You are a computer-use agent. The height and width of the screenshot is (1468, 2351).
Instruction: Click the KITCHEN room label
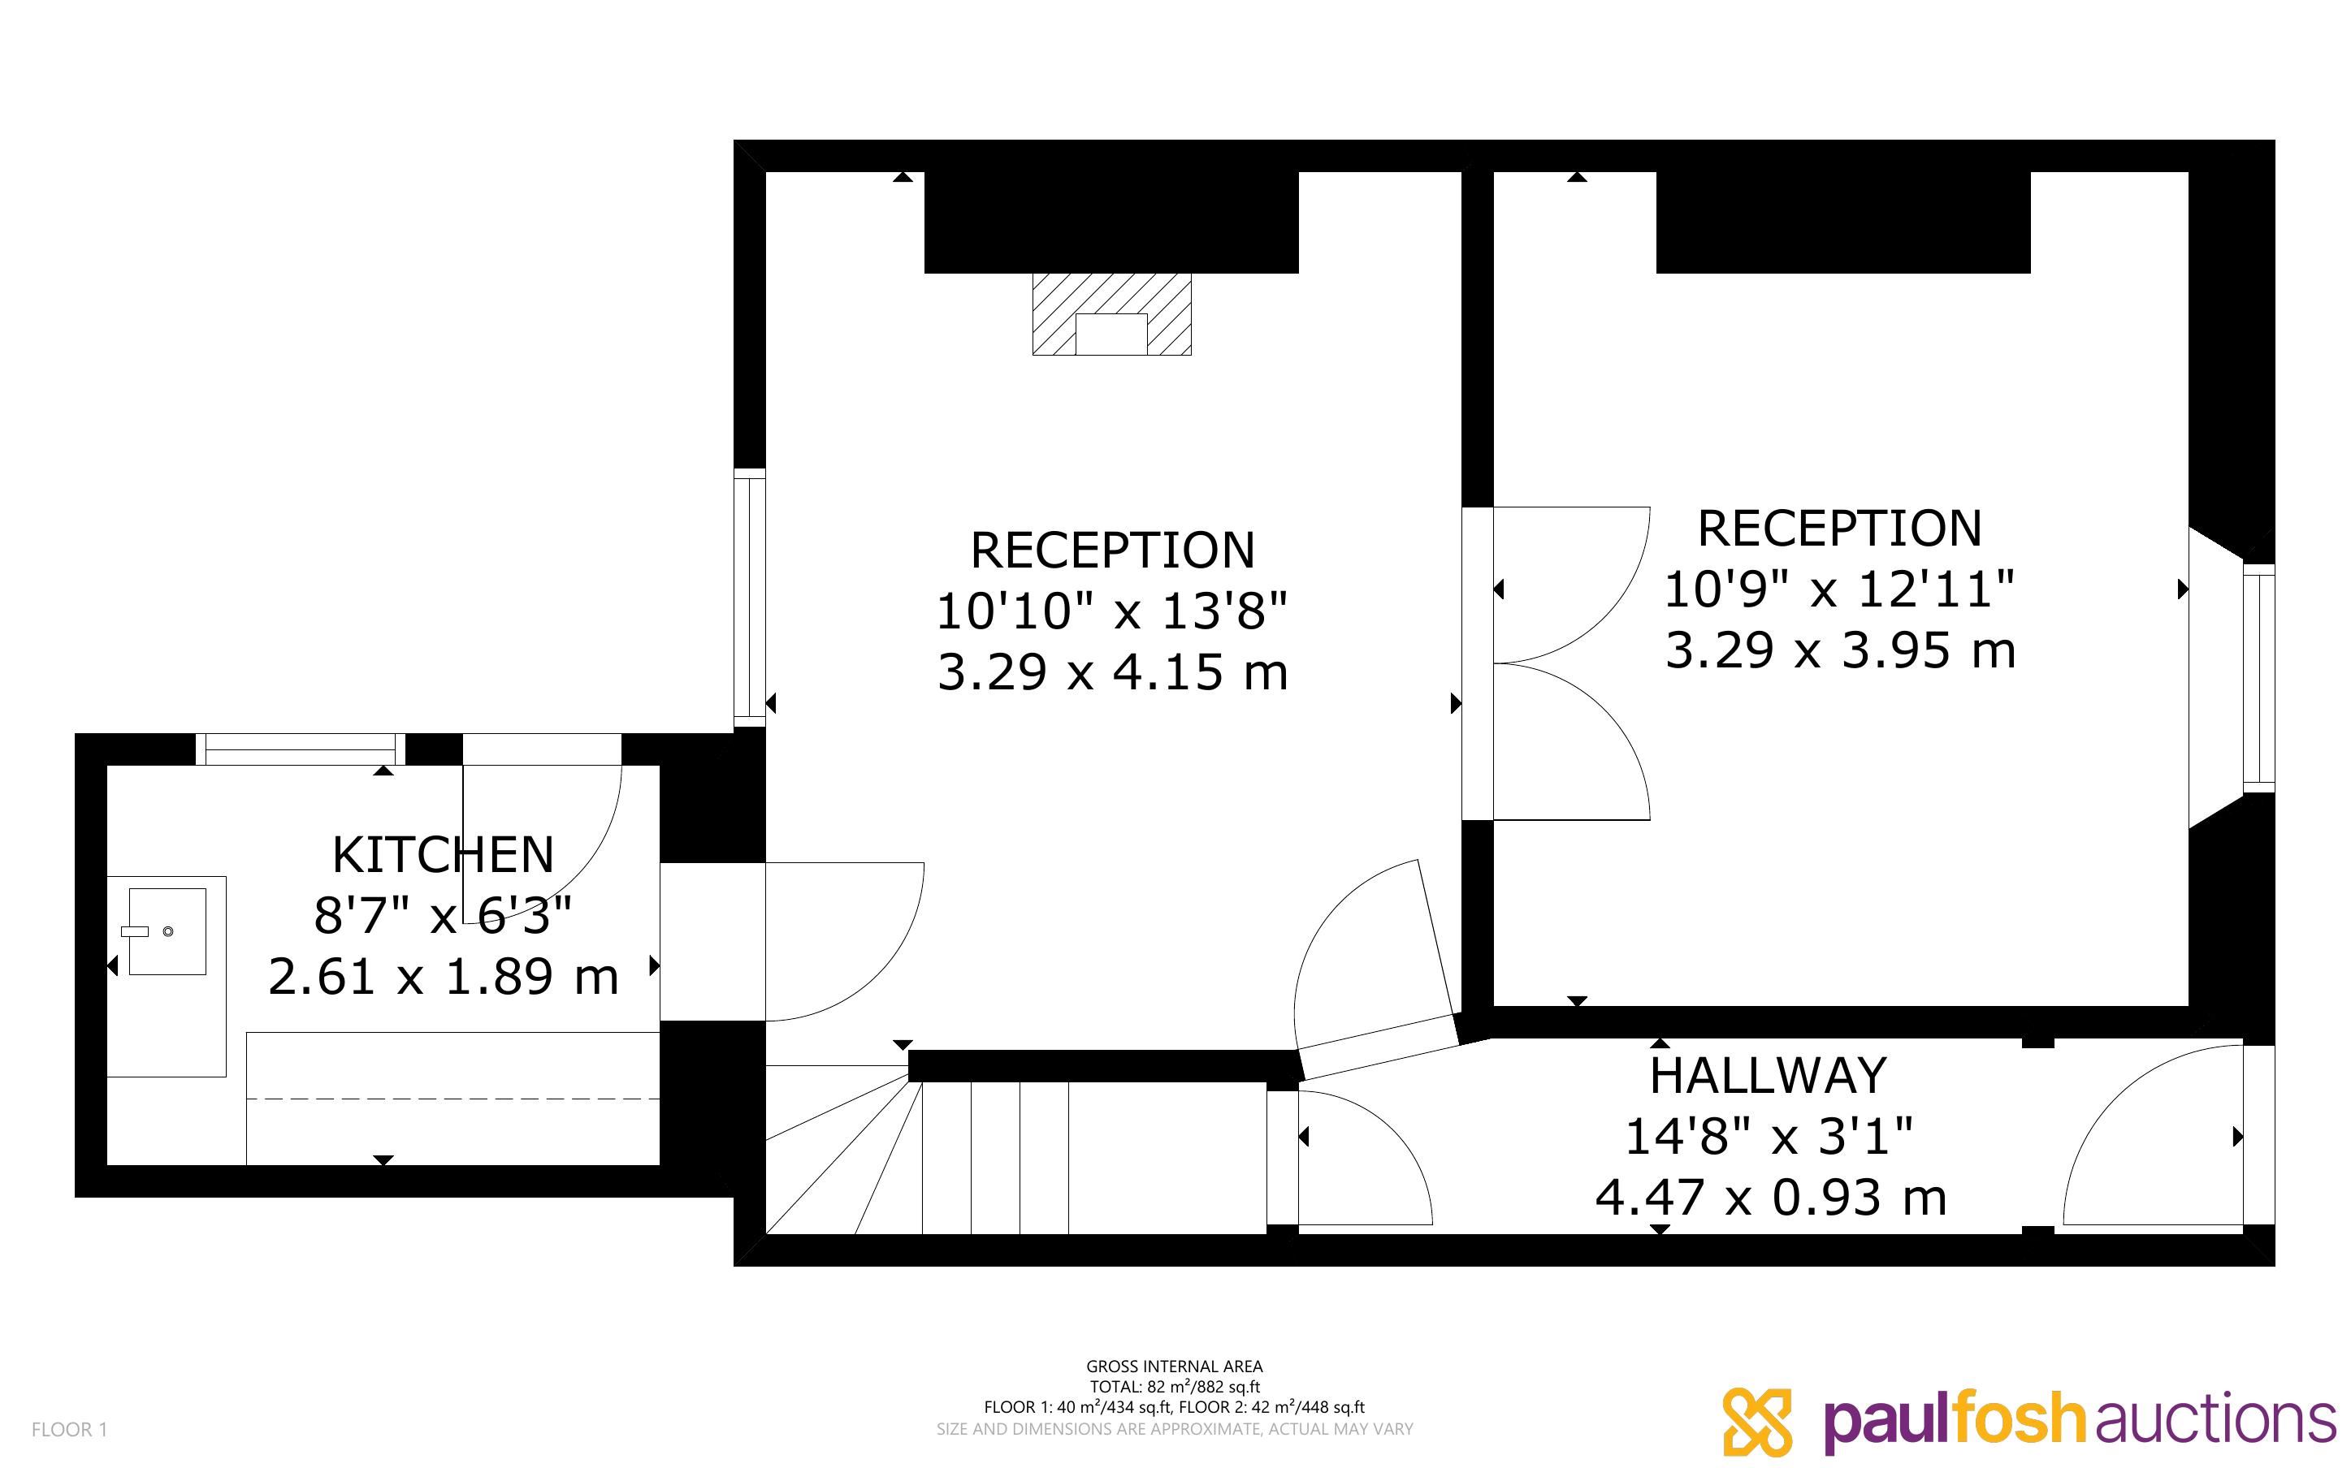(443, 855)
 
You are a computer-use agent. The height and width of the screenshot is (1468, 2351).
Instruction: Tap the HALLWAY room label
(1769, 1076)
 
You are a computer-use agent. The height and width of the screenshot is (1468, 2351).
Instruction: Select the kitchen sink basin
(167, 931)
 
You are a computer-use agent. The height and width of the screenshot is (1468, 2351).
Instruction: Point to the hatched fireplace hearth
(1111, 314)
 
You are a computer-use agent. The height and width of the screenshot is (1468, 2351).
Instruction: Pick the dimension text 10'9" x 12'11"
(1839, 589)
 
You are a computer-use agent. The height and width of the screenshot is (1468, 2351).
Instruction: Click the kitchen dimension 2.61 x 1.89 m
(444, 977)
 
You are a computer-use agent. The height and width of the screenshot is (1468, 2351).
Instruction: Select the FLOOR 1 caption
(70, 1429)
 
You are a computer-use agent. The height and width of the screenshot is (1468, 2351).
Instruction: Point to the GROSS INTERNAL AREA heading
(1174, 1366)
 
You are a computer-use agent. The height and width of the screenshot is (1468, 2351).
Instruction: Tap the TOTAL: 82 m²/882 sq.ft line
(1174, 1387)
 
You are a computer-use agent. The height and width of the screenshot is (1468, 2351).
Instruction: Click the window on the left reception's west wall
(750, 597)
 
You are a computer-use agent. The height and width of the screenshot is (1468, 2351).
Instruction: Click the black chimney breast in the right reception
(1843, 222)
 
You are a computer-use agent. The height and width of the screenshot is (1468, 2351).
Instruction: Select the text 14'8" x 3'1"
(1769, 1136)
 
